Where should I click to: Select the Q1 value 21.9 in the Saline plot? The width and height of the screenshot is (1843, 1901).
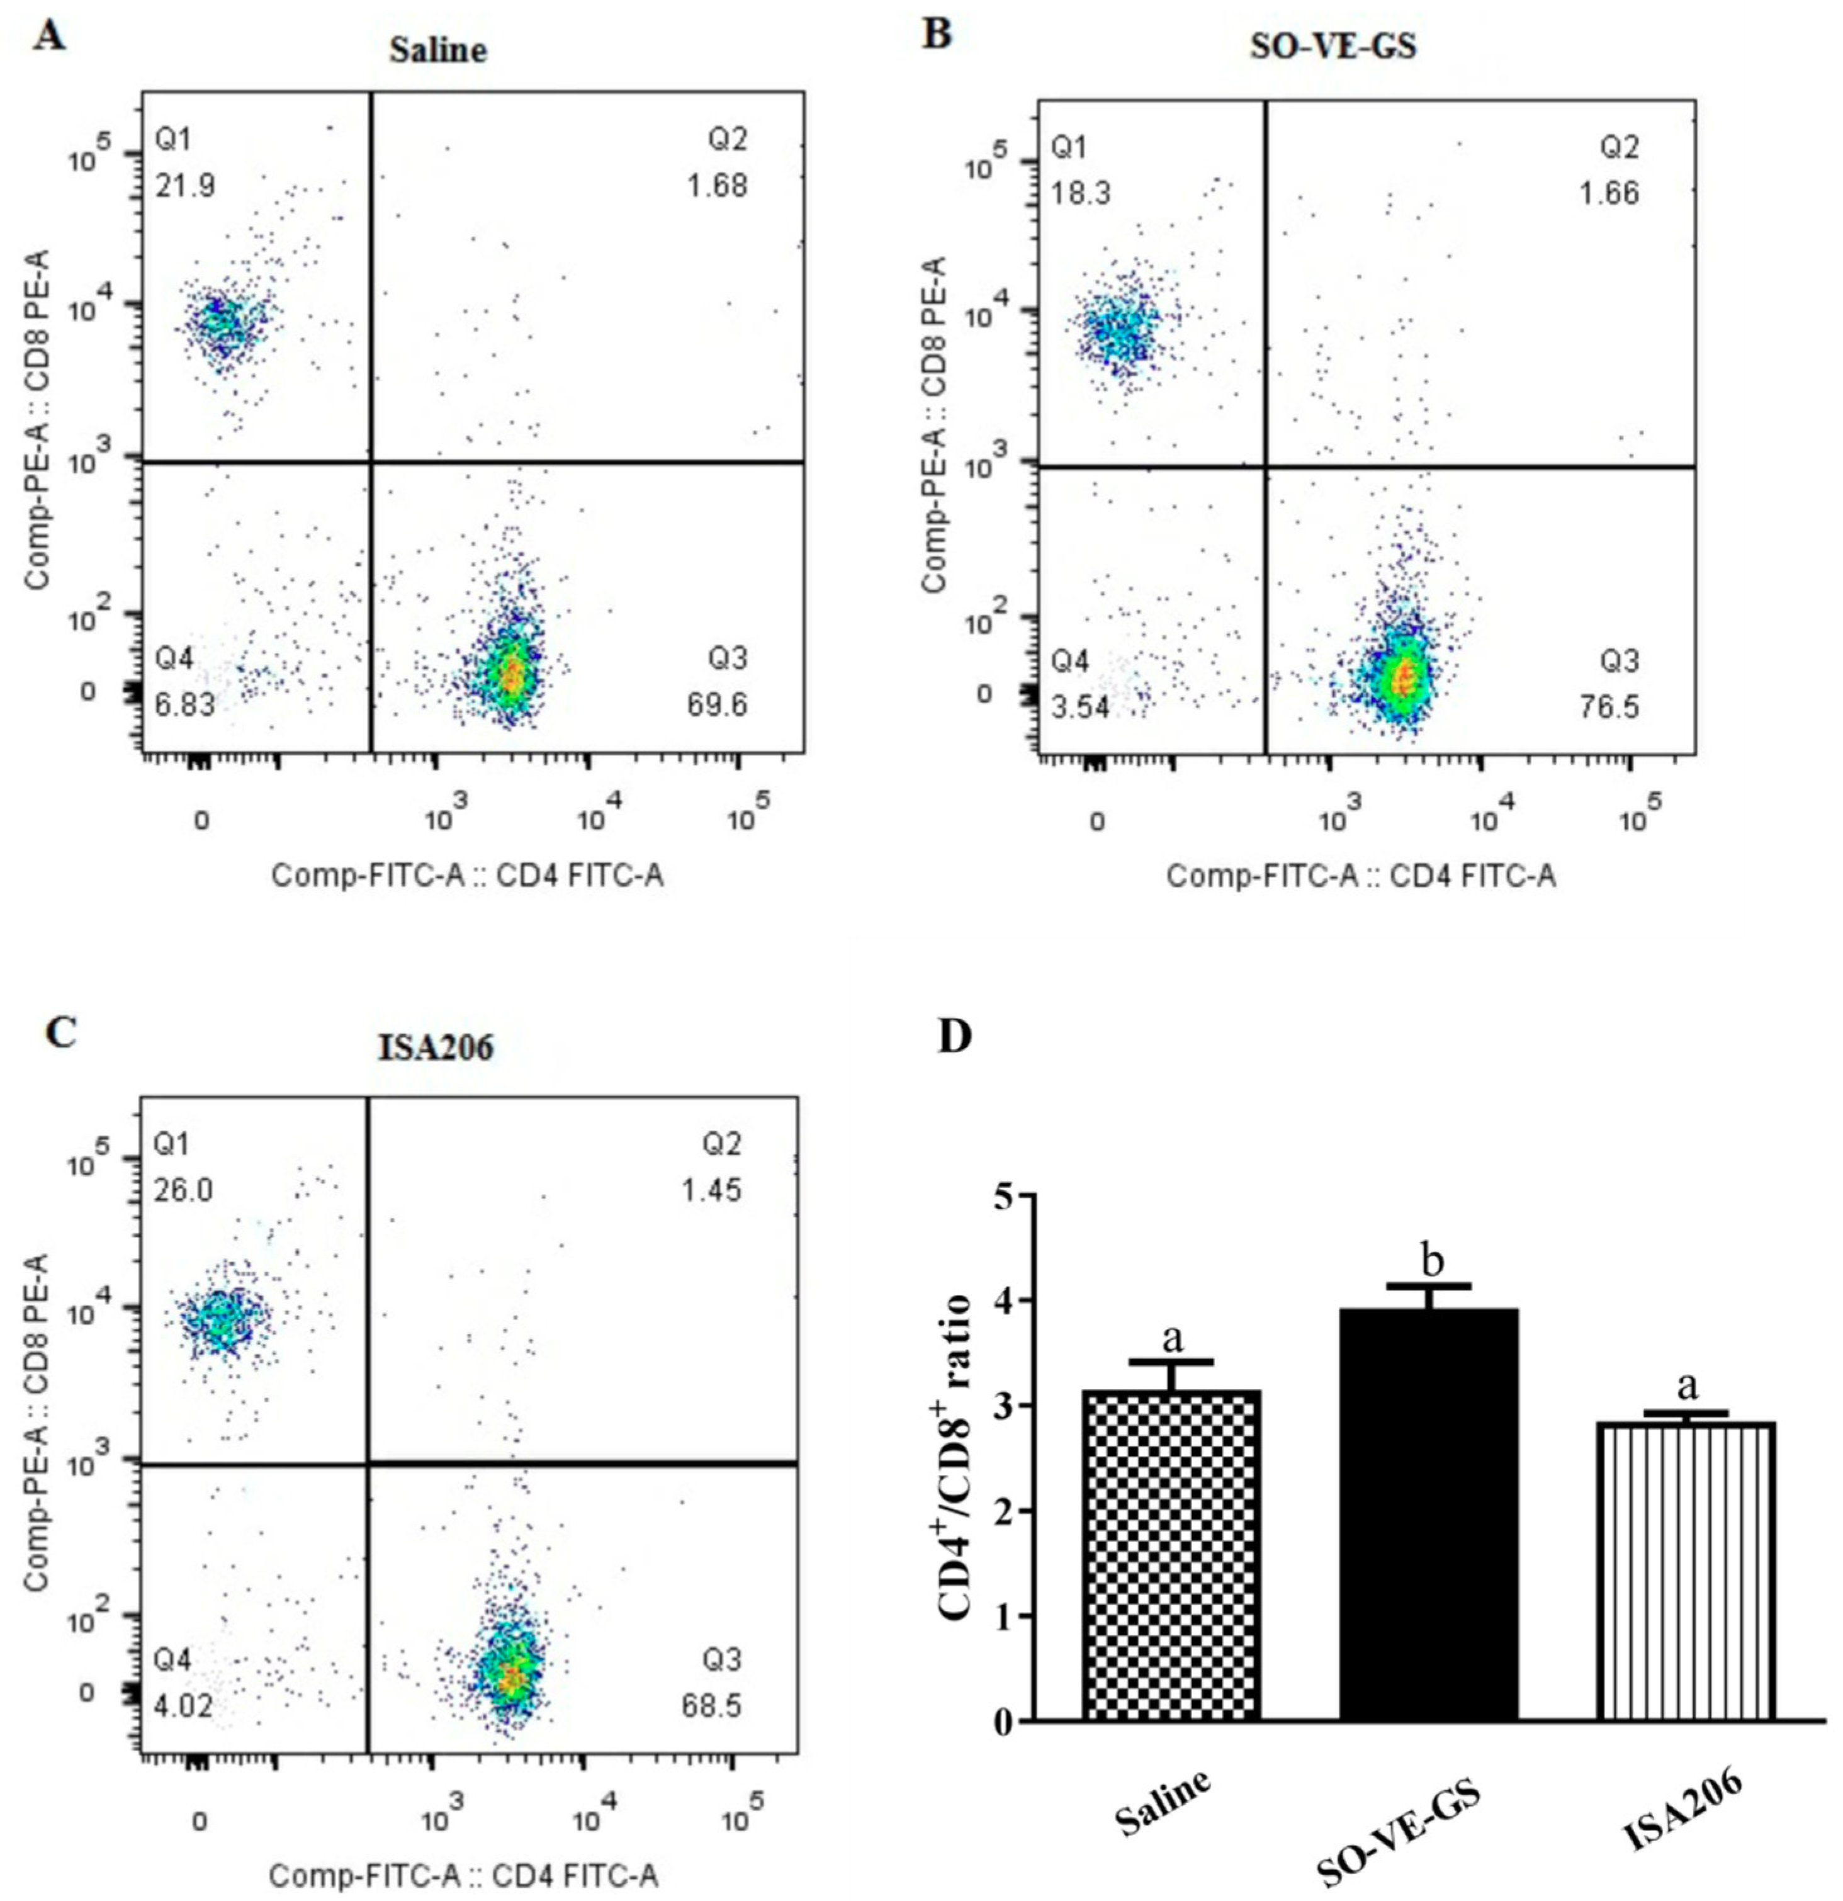point(185,184)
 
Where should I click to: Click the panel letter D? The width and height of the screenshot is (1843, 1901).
point(954,1038)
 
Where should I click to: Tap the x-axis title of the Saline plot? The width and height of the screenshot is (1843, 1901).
point(468,876)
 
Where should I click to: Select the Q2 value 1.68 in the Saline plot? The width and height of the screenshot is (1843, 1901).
point(718,184)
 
